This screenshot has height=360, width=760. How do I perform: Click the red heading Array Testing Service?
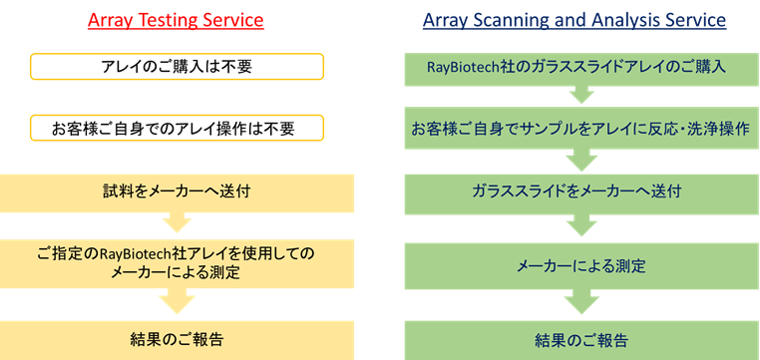point(176,20)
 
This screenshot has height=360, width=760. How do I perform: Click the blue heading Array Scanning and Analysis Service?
point(574,20)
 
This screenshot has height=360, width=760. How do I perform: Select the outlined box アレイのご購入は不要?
point(177,67)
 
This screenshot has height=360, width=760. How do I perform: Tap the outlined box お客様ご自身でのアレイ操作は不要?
point(177,128)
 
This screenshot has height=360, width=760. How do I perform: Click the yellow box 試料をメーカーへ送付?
point(177,193)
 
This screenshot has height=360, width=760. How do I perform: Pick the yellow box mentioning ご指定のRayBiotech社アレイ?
point(177,263)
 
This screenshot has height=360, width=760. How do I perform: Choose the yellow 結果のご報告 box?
point(177,340)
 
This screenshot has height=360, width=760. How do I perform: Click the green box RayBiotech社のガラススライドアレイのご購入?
point(582,69)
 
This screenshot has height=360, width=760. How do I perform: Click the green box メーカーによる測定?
point(582,266)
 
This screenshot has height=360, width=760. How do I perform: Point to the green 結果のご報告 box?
point(582,340)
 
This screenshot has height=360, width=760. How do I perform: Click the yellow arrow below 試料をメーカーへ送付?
point(177,222)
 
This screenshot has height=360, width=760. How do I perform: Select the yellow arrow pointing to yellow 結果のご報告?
point(177,300)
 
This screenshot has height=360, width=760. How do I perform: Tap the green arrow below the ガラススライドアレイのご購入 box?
point(581,95)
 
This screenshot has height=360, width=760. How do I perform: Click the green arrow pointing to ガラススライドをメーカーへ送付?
point(581,160)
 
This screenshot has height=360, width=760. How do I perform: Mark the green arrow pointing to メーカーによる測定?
point(581,225)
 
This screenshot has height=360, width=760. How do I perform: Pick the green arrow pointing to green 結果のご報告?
point(581,302)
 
